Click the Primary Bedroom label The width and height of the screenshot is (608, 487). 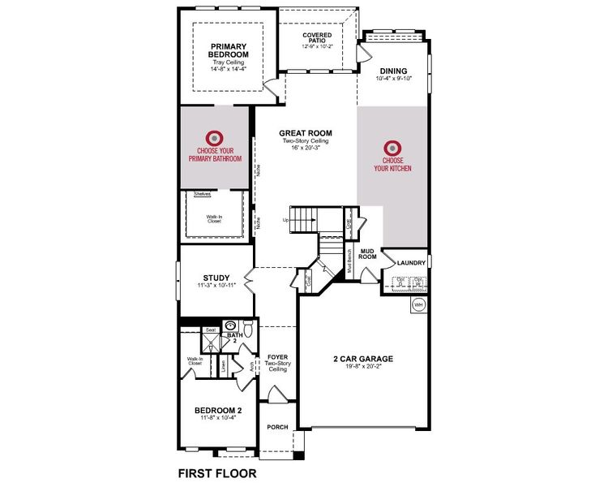[x=228, y=50]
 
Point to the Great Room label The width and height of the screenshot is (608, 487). [x=306, y=133]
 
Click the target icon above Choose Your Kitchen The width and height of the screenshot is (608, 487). [x=392, y=148]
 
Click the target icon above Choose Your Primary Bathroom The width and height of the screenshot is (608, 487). [x=215, y=138]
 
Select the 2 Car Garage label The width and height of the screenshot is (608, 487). [x=362, y=358]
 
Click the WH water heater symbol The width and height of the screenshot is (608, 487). [x=418, y=304]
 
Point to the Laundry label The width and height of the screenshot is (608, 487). [x=412, y=263]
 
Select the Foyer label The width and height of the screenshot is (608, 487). [x=278, y=356]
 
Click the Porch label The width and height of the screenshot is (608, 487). [x=278, y=428]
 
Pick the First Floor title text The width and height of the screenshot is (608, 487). [x=216, y=471]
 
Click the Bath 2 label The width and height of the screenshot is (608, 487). [x=235, y=334]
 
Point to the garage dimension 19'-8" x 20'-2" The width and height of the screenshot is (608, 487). [x=362, y=367]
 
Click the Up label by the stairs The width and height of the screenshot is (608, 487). [x=285, y=220]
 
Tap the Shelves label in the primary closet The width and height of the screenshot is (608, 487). [x=203, y=194]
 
